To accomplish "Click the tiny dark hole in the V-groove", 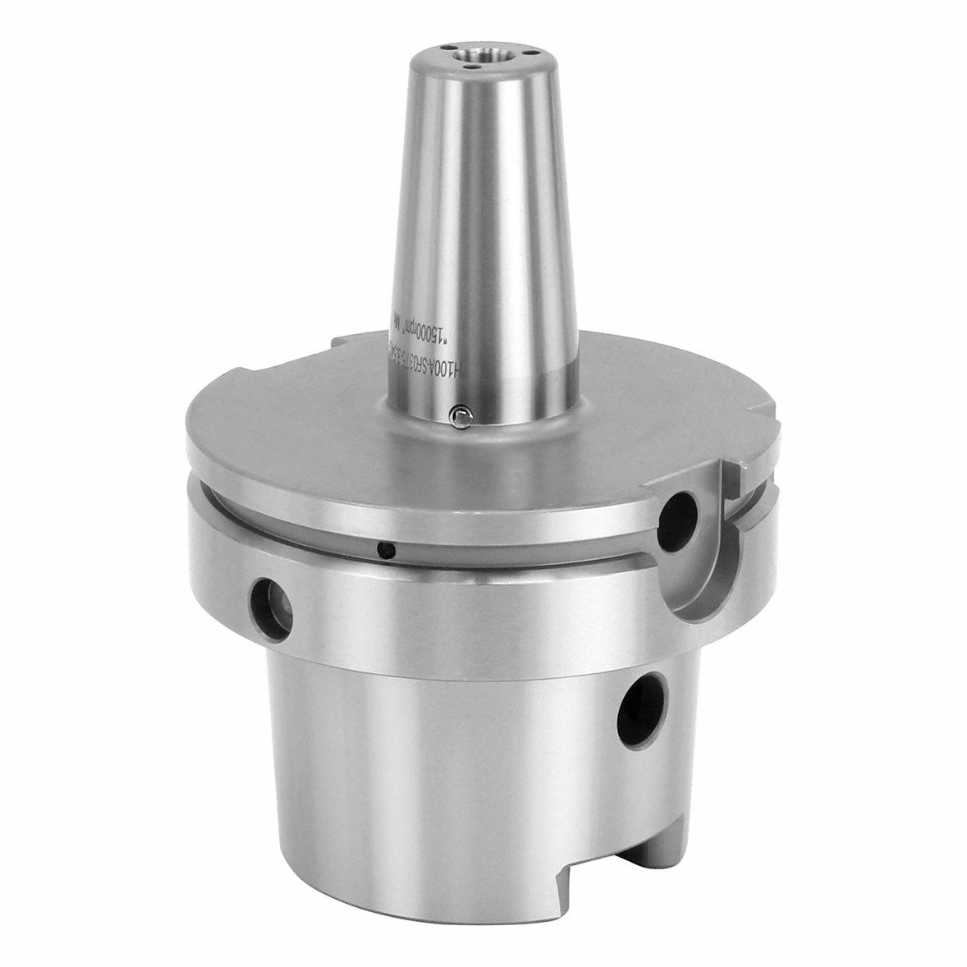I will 381,547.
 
